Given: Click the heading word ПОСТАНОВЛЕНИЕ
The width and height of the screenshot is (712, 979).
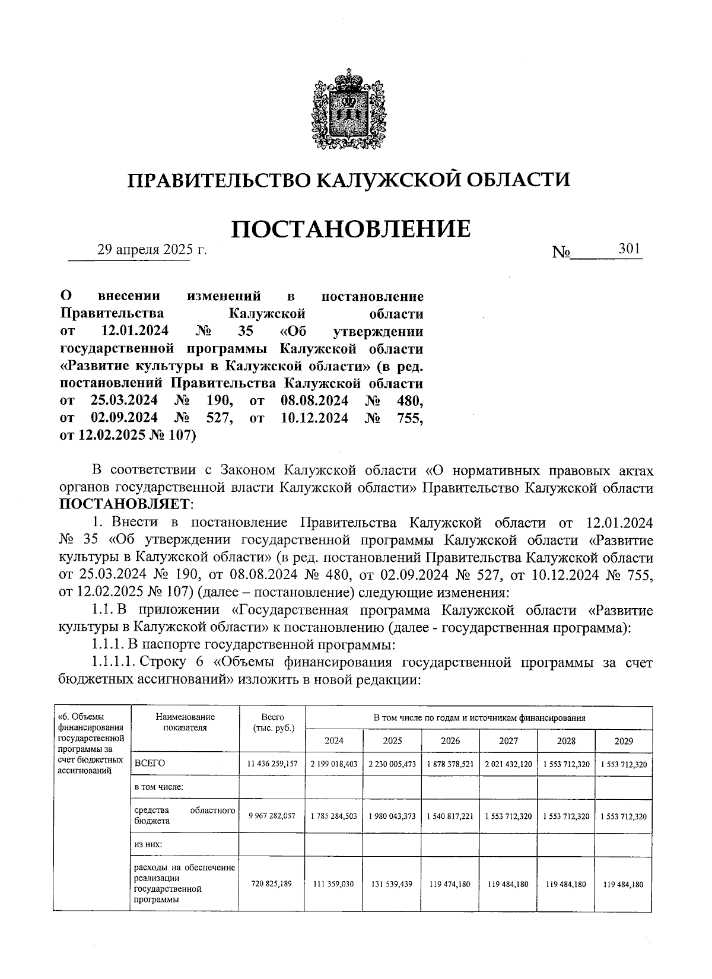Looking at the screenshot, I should coord(350,229).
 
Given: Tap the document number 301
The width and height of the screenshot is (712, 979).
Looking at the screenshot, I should coord(629,249).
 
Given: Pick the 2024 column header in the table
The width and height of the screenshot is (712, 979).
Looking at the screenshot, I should coord(333,740).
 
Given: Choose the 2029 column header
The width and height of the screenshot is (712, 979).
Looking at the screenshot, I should coord(624,740).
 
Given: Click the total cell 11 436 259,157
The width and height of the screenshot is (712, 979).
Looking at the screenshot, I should coord(271,764).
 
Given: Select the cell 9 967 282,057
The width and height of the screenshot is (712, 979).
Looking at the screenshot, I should coord(271,816).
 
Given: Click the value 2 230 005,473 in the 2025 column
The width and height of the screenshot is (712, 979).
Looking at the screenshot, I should coord(392,764).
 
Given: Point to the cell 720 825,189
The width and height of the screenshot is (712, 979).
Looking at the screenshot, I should coord(271,884).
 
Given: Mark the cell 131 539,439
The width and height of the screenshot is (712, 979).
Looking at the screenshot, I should coord(392,884).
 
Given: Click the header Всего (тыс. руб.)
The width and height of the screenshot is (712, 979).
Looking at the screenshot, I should coord(272,722).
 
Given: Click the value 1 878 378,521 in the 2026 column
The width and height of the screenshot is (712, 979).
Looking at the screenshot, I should coord(450,764).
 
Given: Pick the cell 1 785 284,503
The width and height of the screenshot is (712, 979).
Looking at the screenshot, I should coord(333,816).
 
